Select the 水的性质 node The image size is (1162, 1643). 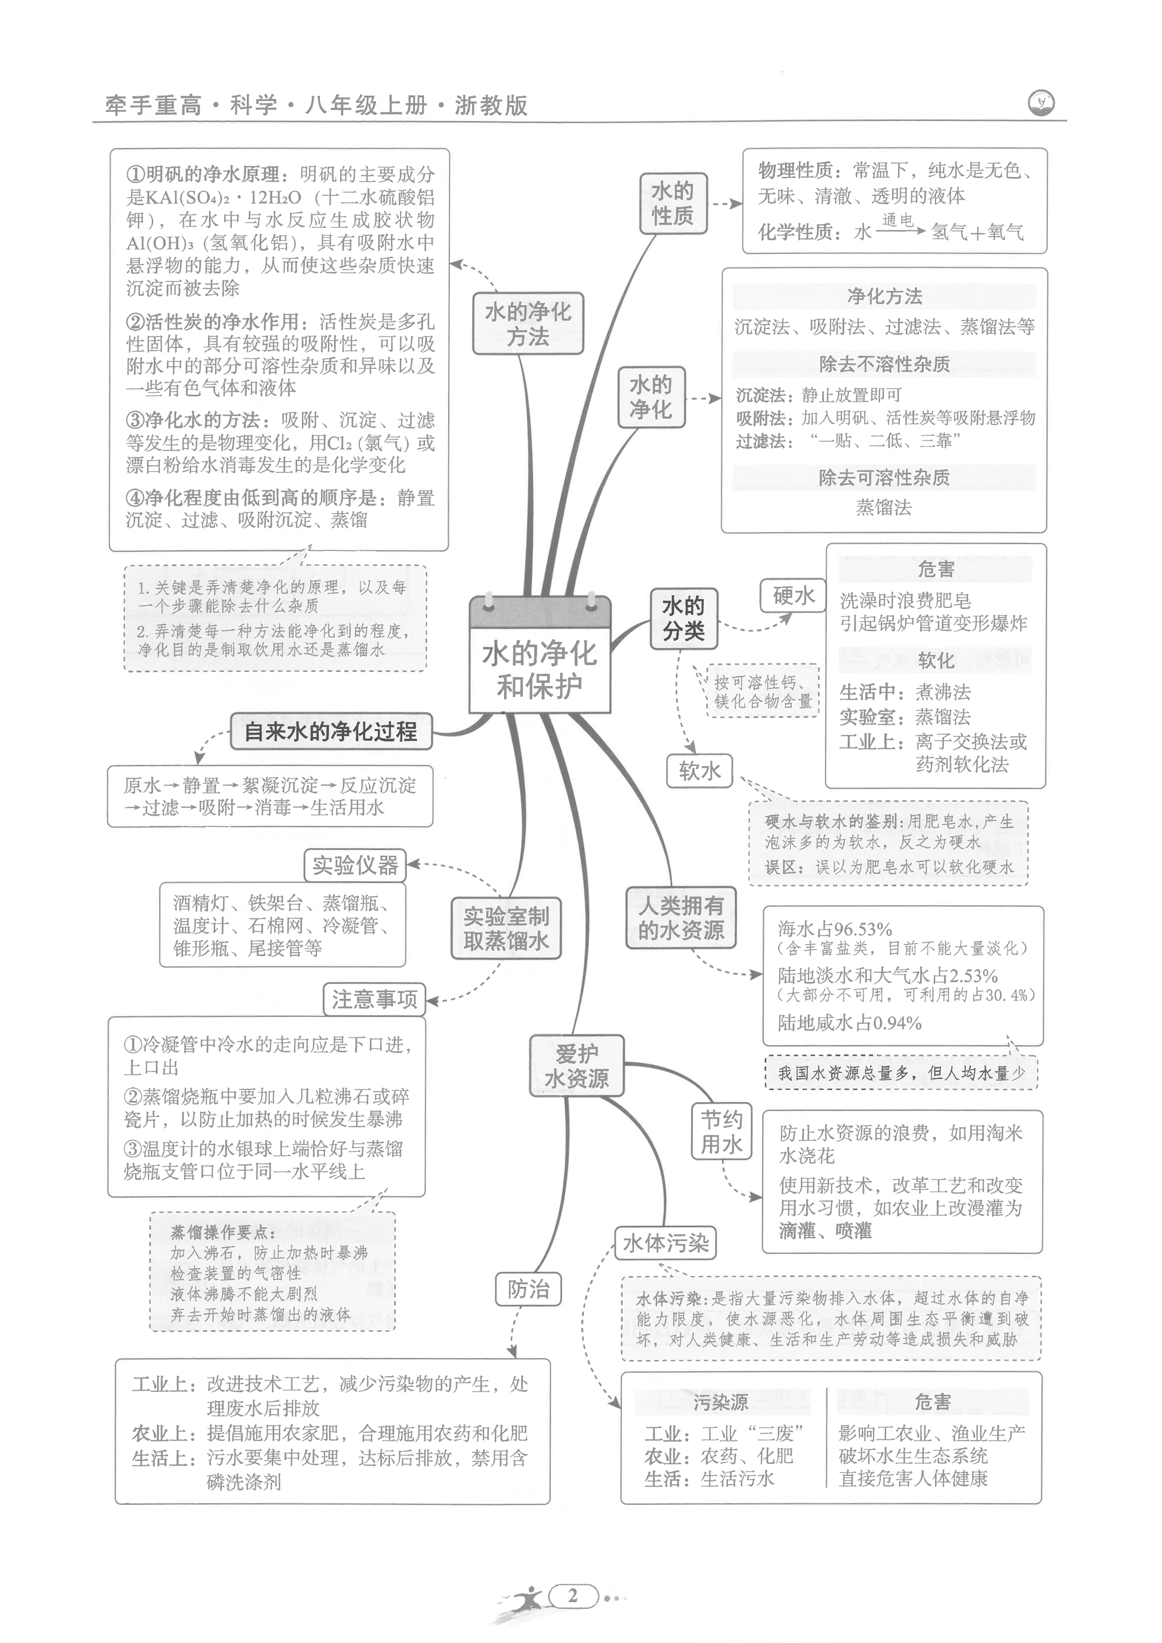point(673,203)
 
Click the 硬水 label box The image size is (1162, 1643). point(793,595)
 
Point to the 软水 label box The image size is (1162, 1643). point(700,771)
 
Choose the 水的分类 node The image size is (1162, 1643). point(683,618)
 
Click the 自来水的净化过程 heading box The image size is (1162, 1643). point(331,731)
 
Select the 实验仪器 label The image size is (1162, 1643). point(355,865)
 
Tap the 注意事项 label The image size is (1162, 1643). point(374,999)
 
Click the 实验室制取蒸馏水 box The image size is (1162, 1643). point(506,928)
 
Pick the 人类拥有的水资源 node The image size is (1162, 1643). point(681,918)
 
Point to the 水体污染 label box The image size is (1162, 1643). point(665,1243)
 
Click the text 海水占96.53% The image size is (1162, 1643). point(835,929)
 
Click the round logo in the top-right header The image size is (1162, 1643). point(1040,102)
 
